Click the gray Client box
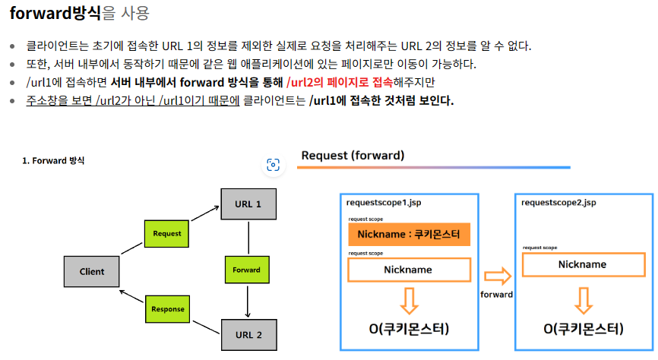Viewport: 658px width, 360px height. point(92,271)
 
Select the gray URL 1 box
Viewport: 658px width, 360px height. point(248,204)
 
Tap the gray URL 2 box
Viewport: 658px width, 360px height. point(248,335)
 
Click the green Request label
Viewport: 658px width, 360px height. point(166,233)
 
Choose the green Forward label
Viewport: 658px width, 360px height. point(246,270)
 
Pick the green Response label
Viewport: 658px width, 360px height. point(167,309)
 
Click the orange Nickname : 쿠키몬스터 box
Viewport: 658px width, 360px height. point(410,235)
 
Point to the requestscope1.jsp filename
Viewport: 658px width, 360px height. point(383,203)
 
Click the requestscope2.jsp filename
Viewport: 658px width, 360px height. point(558,203)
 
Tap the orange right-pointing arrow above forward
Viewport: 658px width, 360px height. point(497,276)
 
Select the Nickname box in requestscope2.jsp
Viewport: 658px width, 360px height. point(583,264)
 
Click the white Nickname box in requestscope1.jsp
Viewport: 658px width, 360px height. point(408,270)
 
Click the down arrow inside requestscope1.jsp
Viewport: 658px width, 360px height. point(409,301)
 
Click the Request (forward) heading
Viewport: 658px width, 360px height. point(353,156)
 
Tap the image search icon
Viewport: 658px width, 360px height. point(274,165)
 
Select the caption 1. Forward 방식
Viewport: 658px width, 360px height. point(53,160)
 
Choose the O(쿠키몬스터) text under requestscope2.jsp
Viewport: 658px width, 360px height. point(584,329)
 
